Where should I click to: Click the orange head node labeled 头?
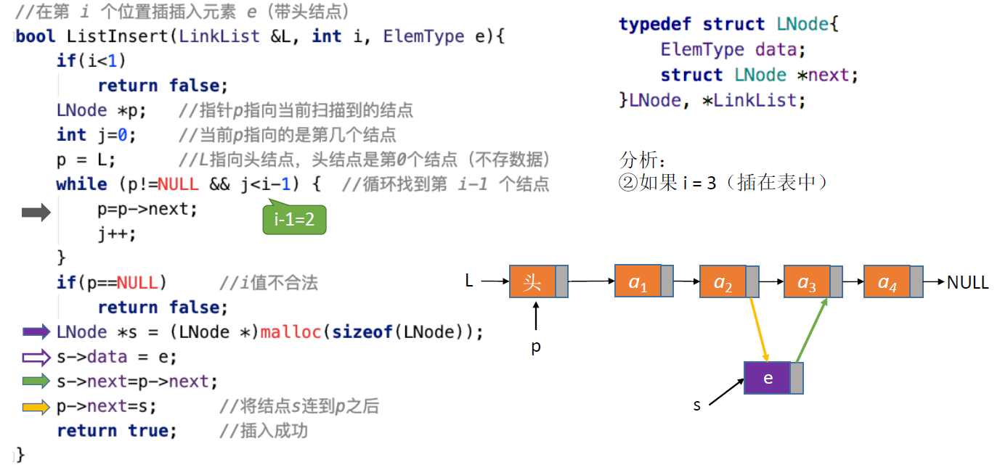click(x=532, y=281)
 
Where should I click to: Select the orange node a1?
click(x=638, y=281)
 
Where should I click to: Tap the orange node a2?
click(x=723, y=281)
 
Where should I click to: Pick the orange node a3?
click(x=807, y=281)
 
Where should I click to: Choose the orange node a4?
click(x=887, y=281)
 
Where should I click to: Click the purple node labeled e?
click(x=768, y=378)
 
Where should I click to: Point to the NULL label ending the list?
click(x=967, y=282)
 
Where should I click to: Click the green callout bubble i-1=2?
click(x=294, y=219)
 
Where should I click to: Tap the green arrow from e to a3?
click(x=812, y=329)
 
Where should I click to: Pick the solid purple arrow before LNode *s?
click(x=36, y=332)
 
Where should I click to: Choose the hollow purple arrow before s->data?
click(x=36, y=357)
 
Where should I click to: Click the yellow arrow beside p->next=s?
click(x=36, y=407)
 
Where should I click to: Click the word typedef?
click(x=655, y=24)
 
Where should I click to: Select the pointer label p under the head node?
click(x=536, y=347)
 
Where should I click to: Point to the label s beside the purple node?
click(x=697, y=405)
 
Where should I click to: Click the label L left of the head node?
click(x=469, y=281)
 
